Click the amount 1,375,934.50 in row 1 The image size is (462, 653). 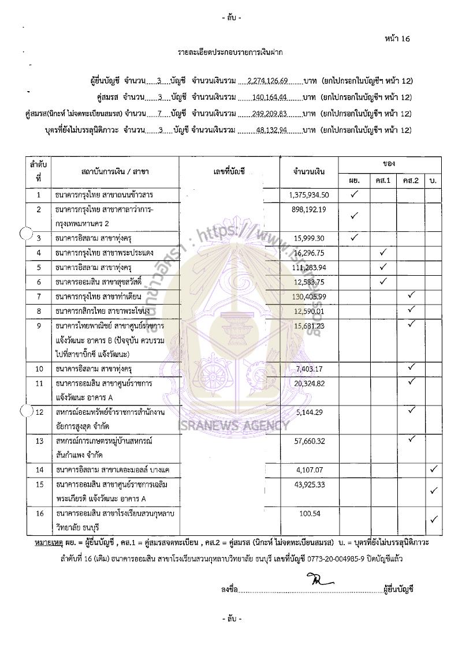pos(308,195)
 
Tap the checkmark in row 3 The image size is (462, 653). pos(354,237)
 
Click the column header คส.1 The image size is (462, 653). pos(382,181)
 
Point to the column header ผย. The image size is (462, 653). pos(354,181)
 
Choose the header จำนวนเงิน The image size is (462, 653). pos(308,172)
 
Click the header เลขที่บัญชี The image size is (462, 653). pos(229,172)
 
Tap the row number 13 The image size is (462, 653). pos(39,441)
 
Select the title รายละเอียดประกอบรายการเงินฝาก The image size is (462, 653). pos(230,52)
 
